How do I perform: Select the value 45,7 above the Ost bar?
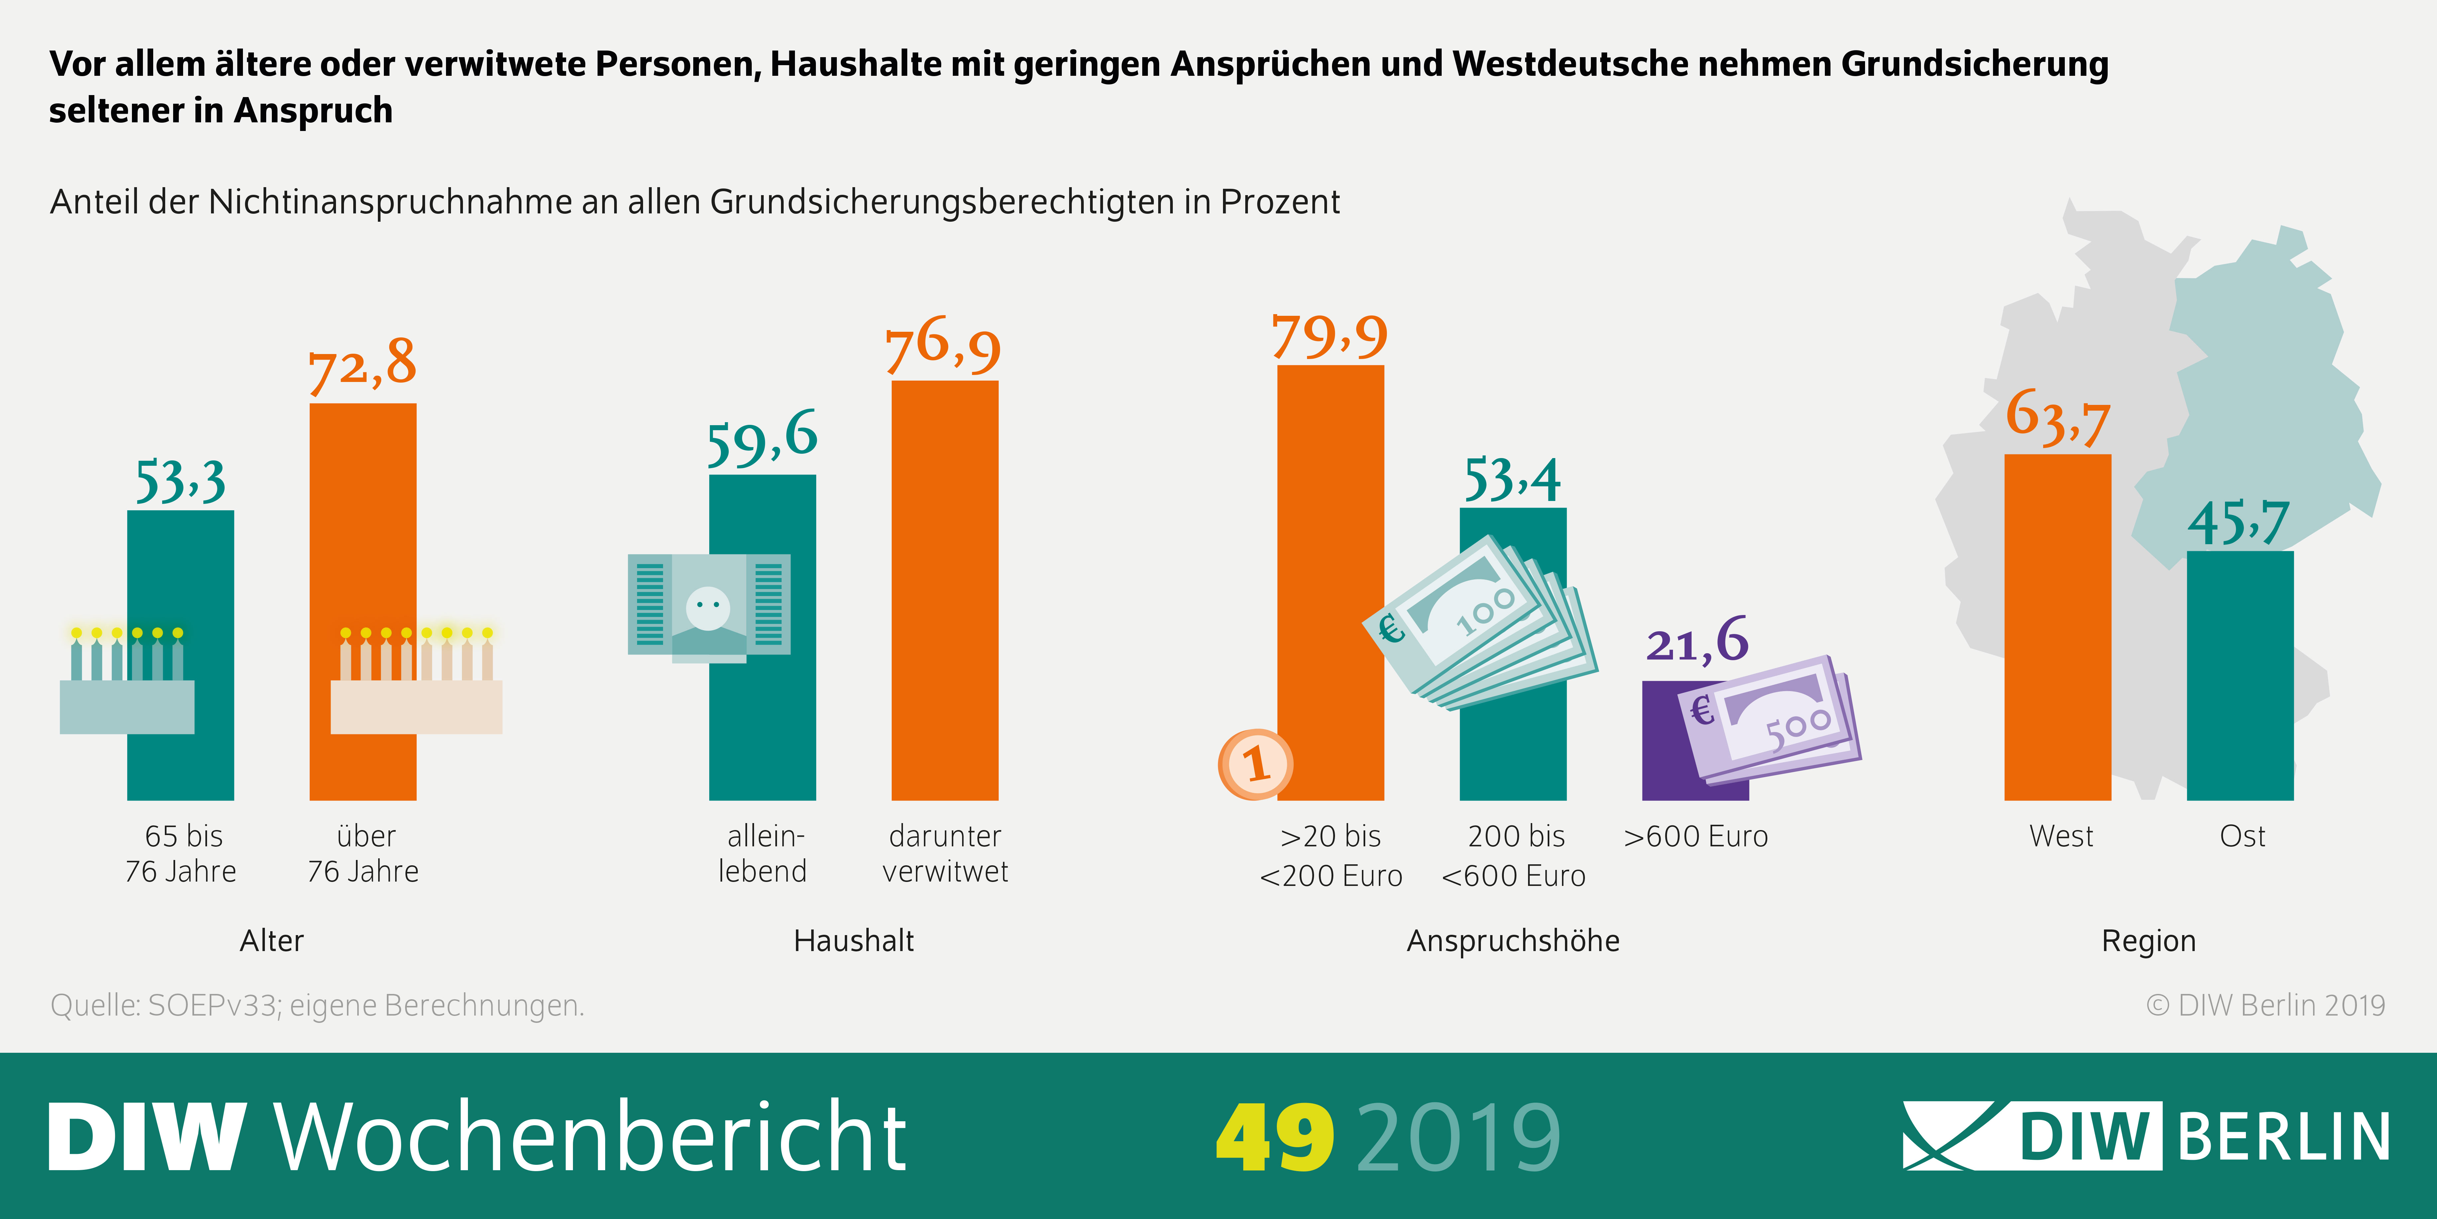pyautogui.click(x=2238, y=523)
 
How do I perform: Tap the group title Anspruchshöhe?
pyautogui.click(x=1513, y=941)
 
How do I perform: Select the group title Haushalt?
pyautogui.click(x=853, y=941)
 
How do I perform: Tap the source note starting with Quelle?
pyautogui.click(x=317, y=1005)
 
